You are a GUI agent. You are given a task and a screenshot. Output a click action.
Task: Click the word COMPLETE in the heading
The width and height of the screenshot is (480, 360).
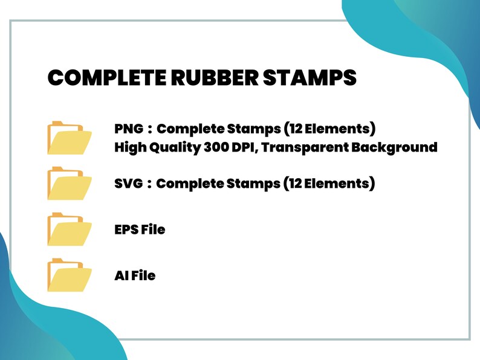click(x=100, y=78)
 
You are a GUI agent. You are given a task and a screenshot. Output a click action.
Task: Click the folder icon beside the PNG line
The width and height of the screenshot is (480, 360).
click(x=69, y=138)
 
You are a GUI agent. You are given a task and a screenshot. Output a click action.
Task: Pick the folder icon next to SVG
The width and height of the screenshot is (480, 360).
click(x=69, y=184)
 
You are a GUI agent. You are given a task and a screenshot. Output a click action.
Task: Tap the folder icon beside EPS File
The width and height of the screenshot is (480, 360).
click(x=69, y=230)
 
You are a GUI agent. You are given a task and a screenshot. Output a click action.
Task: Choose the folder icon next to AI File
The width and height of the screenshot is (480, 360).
click(x=69, y=275)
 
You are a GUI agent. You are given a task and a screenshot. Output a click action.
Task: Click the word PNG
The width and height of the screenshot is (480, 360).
click(x=128, y=129)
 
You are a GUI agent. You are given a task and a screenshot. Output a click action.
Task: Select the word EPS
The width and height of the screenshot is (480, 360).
click(x=125, y=230)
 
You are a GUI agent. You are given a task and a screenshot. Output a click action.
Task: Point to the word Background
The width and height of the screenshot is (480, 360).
click(x=396, y=147)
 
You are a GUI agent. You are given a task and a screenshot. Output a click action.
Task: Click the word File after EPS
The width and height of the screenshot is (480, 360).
click(x=152, y=230)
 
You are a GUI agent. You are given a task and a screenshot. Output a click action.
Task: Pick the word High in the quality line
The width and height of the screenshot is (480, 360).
click(x=129, y=147)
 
